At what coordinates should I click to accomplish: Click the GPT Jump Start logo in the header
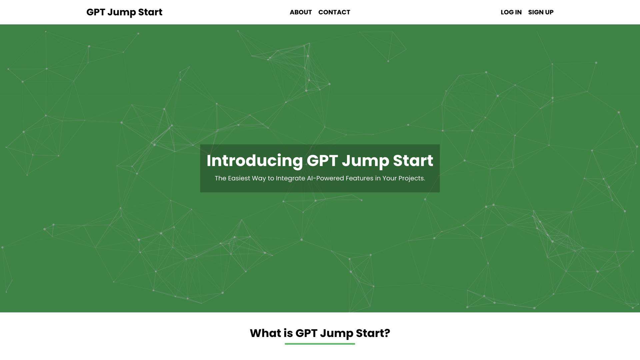tap(124, 12)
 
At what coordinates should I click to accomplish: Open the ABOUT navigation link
tap(301, 12)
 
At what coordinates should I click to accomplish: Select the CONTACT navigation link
tap(334, 12)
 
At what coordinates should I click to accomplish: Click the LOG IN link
tap(511, 12)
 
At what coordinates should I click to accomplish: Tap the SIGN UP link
tap(541, 12)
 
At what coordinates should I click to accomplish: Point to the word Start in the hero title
tap(413, 161)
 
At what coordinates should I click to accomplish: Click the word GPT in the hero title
tap(322, 161)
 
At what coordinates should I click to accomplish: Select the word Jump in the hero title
tap(365, 161)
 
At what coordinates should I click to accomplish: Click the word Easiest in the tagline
tap(239, 178)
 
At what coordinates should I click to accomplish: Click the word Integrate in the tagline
tap(290, 178)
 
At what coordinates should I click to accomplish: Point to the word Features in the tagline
tap(359, 178)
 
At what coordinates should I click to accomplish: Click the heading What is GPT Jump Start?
tap(320, 333)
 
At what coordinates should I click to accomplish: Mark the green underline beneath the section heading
tap(320, 344)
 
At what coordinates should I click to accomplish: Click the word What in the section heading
tap(265, 333)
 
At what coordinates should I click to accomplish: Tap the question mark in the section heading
tap(387, 333)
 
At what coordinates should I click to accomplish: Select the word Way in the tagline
tap(259, 178)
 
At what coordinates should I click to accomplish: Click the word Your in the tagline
tap(389, 178)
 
